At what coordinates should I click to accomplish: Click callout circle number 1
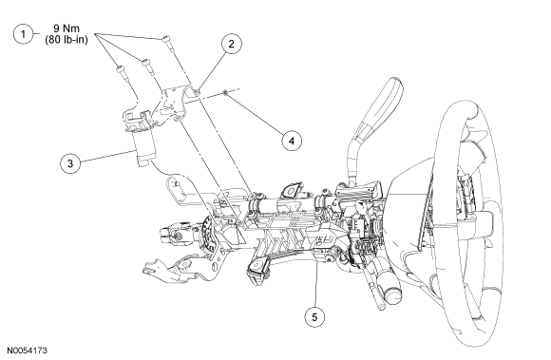coord(23,34)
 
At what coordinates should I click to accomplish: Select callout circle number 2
coord(231,44)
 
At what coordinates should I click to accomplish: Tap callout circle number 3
coord(70,163)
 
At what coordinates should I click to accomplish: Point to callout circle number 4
coord(292,141)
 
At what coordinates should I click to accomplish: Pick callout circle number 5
coord(314,317)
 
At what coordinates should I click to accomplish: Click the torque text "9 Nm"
coord(66,28)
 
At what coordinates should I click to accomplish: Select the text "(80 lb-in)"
coord(66,39)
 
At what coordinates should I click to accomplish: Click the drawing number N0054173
coord(27,351)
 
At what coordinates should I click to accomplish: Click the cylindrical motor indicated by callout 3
coord(143,148)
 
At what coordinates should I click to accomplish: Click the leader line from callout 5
coord(316,285)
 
